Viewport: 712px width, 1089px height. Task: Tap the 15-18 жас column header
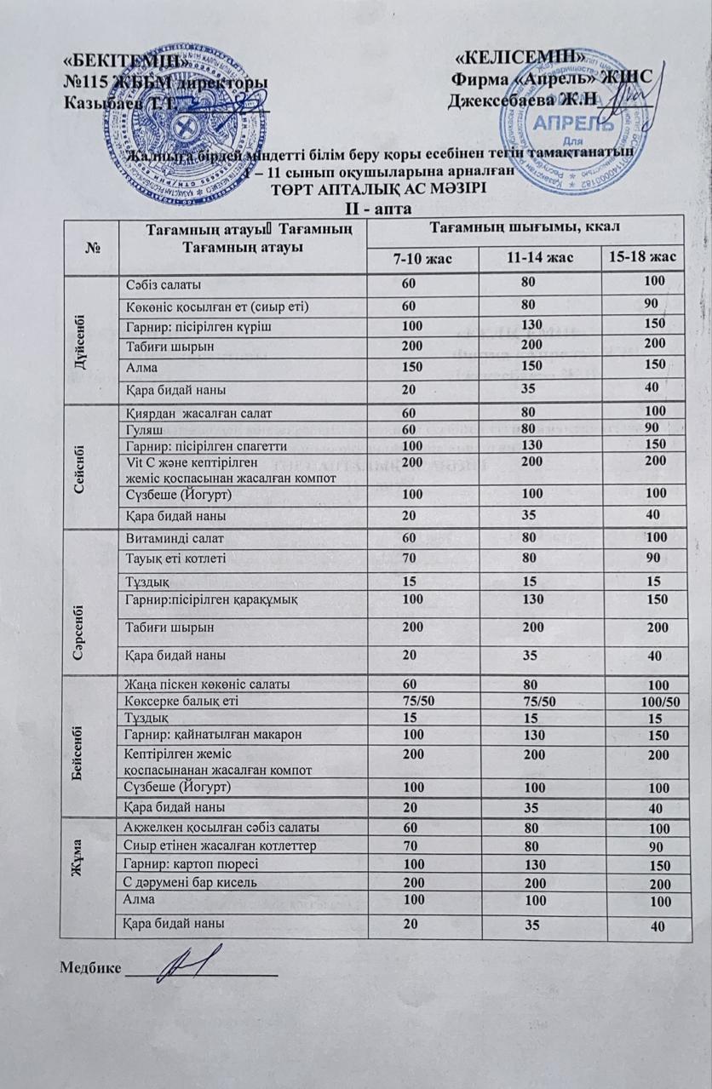[x=645, y=258]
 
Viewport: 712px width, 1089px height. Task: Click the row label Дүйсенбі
[x=90, y=337]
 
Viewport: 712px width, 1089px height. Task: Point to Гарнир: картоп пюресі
[x=191, y=863]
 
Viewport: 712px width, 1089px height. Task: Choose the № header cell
[x=90, y=245]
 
